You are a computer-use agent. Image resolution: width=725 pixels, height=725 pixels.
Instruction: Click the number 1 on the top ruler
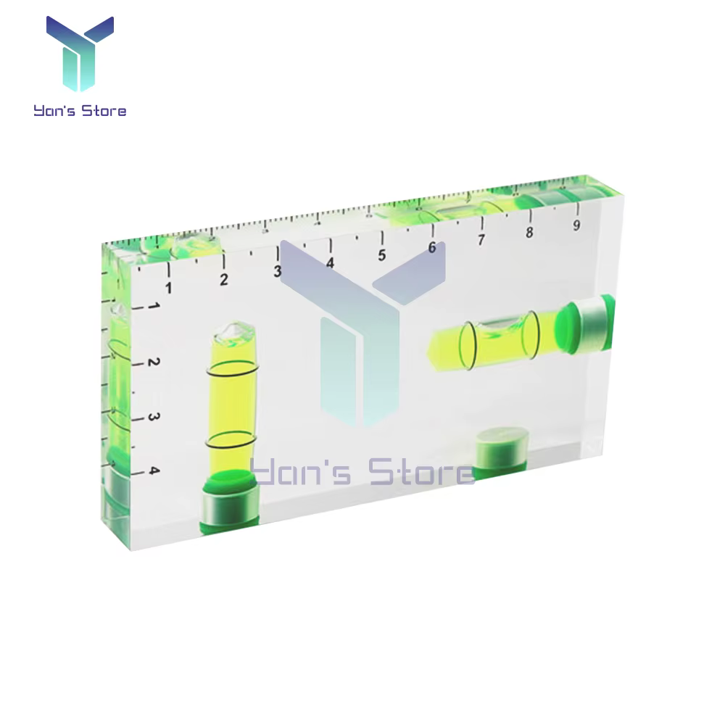click(x=169, y=288)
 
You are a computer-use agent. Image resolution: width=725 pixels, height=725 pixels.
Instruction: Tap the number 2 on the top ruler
click(x=224, y=279)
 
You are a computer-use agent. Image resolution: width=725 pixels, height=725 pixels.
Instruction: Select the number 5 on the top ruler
click(x=381, y=255)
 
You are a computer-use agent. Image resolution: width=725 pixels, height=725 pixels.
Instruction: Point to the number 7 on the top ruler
click(x=481, y=239)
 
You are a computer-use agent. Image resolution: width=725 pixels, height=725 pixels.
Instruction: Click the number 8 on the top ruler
click(x=529, y=232)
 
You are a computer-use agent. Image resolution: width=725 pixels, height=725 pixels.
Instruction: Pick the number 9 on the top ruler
click(x=576, y=225)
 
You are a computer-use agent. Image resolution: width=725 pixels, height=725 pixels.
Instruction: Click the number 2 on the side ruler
click(x=154, y=362)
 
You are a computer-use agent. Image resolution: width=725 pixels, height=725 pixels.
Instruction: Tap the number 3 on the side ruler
click(x=154, y=417)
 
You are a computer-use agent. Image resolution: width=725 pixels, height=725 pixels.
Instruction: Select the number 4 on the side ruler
click(x=154, y=471)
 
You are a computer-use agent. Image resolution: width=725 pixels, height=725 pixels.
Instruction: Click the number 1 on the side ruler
click(x=154, y=306)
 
